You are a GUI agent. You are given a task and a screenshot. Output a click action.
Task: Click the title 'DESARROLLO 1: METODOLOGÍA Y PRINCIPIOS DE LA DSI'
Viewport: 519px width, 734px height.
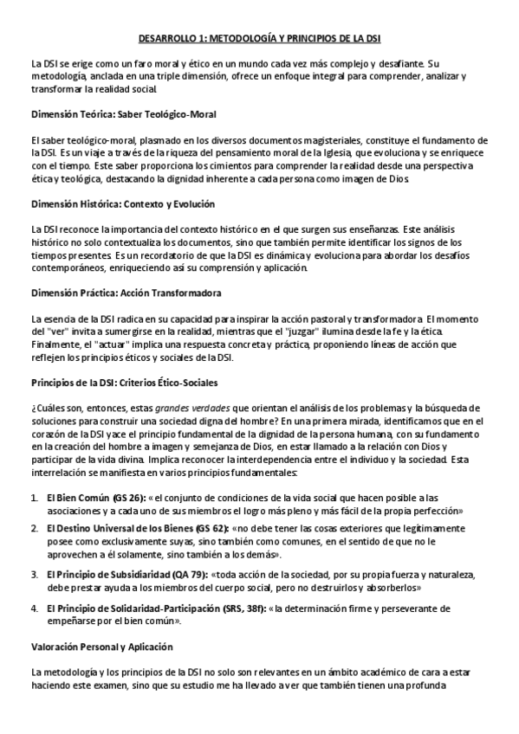[259, 38]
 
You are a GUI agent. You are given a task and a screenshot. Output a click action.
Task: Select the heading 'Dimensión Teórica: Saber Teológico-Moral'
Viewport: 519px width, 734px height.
[123, 114]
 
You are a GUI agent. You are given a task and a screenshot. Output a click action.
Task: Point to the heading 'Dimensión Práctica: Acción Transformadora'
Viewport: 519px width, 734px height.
[126, 293]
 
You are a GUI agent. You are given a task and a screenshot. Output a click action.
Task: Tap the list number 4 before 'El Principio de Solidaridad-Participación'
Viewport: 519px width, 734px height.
[35, 608]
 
